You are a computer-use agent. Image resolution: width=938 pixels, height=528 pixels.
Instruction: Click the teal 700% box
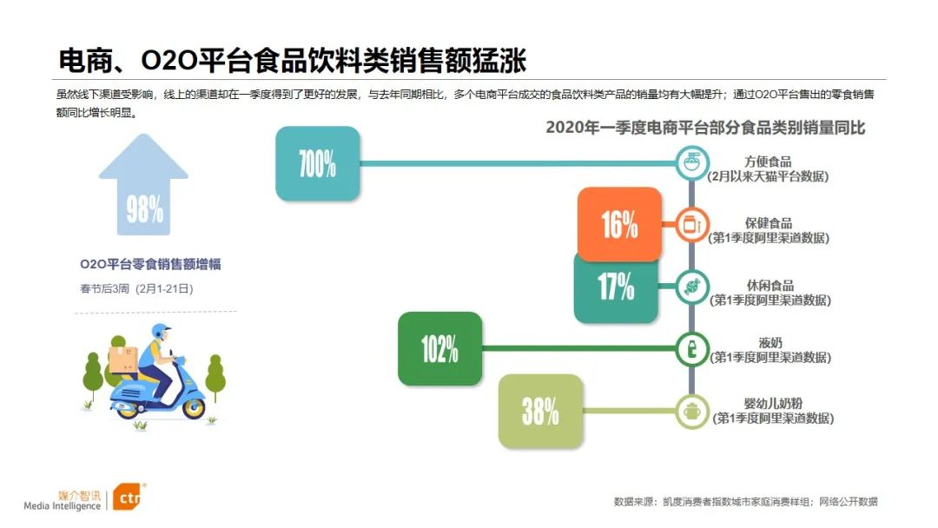(318, 163)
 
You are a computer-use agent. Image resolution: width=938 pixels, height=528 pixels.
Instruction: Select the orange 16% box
(620, 224)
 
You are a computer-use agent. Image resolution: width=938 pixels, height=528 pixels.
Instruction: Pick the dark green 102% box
(439, 348)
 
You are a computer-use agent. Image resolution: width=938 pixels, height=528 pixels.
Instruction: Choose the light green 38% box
(540, 412)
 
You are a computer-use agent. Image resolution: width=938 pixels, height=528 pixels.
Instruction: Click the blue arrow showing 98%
(143, 184)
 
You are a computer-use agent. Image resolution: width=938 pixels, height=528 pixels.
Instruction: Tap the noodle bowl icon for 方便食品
(692, 162)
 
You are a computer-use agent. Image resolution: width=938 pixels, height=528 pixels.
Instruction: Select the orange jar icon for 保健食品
(692, 224)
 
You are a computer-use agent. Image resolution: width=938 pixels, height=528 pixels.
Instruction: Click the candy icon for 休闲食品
(692, 287)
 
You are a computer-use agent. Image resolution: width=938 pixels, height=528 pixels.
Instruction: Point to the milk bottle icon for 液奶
(692, 349)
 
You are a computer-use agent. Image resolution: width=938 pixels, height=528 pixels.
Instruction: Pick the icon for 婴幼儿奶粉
(692, 412)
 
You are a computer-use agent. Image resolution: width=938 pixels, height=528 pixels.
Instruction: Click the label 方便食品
(768, 162)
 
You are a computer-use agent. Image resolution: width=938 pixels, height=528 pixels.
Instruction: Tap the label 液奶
(770, 343)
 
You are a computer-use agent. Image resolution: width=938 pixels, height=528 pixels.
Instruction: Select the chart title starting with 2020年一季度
(705, 128)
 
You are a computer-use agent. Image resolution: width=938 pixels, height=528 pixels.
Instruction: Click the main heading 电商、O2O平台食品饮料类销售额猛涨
(293, 61)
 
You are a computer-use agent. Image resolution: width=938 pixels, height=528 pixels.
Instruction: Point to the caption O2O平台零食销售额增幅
(151, 264)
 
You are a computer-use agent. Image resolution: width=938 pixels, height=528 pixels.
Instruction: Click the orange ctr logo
(128, 497)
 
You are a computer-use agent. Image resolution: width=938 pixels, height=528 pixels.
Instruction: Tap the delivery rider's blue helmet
(160, 331)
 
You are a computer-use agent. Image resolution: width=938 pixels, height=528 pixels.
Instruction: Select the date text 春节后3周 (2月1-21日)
(136, 289)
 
